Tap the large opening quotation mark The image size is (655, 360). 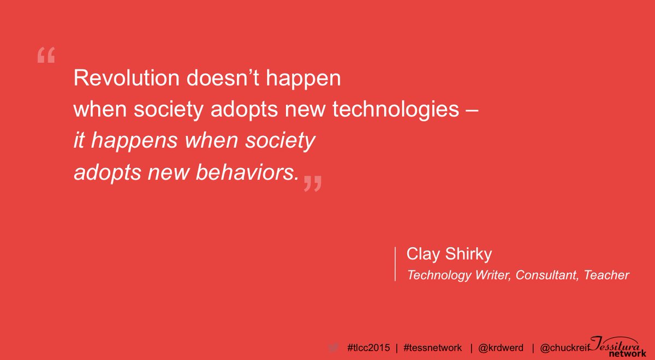tap(46, 56)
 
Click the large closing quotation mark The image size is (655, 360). tap(312, 184)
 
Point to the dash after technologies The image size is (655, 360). tap(473, 111)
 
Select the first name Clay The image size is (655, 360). tap(421, 255)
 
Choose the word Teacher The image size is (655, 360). tap(607, 275)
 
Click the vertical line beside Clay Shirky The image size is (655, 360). tap(395, 264)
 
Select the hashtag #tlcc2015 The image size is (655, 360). tap(368, 347)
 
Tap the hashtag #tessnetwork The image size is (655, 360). tap(432, 347)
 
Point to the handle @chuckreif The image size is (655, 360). tap(565, 347)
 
